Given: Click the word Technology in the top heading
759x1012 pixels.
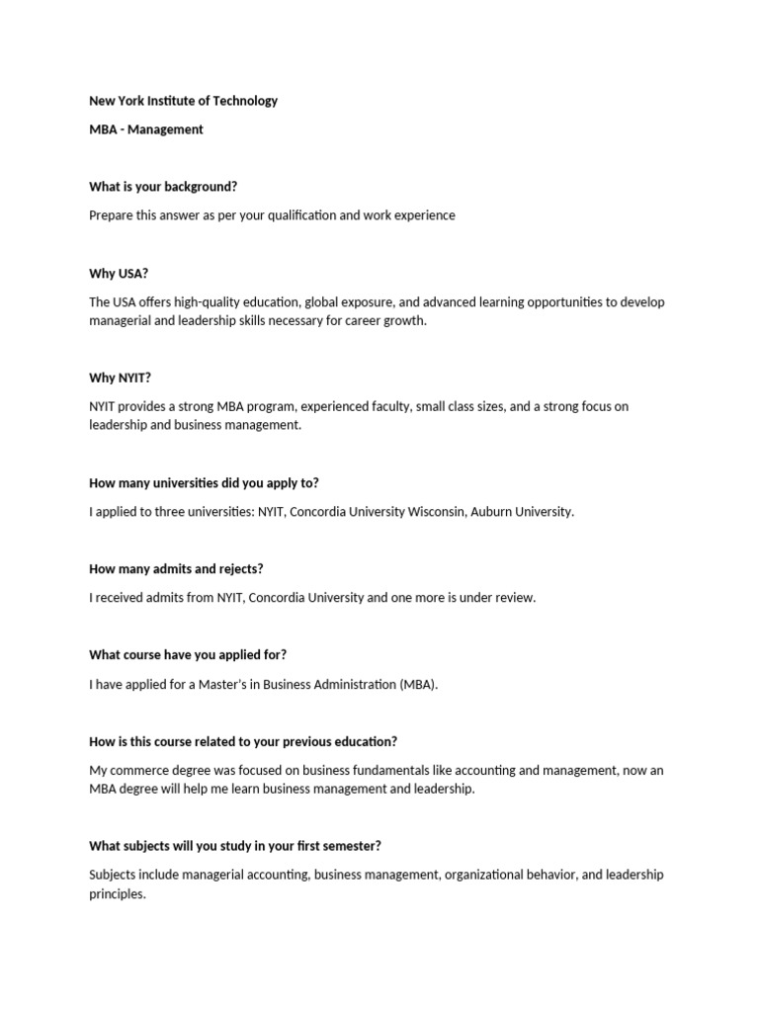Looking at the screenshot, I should point(243,101).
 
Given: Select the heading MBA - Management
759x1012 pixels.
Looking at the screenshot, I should point(146,129).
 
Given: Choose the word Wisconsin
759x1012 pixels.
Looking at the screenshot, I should point(431,512).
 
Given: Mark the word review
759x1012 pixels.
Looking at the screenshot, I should point(512,598).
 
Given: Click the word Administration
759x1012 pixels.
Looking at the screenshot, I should point(356,684).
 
